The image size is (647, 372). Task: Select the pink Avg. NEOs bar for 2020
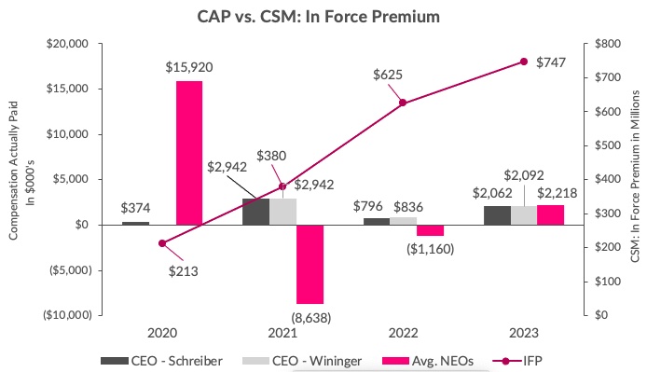189,153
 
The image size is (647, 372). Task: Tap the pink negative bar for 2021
310,264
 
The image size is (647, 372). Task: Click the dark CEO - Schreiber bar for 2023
497,215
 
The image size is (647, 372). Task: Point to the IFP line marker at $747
523,62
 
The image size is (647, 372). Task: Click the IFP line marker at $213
162,243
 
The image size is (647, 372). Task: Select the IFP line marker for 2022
403,103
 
